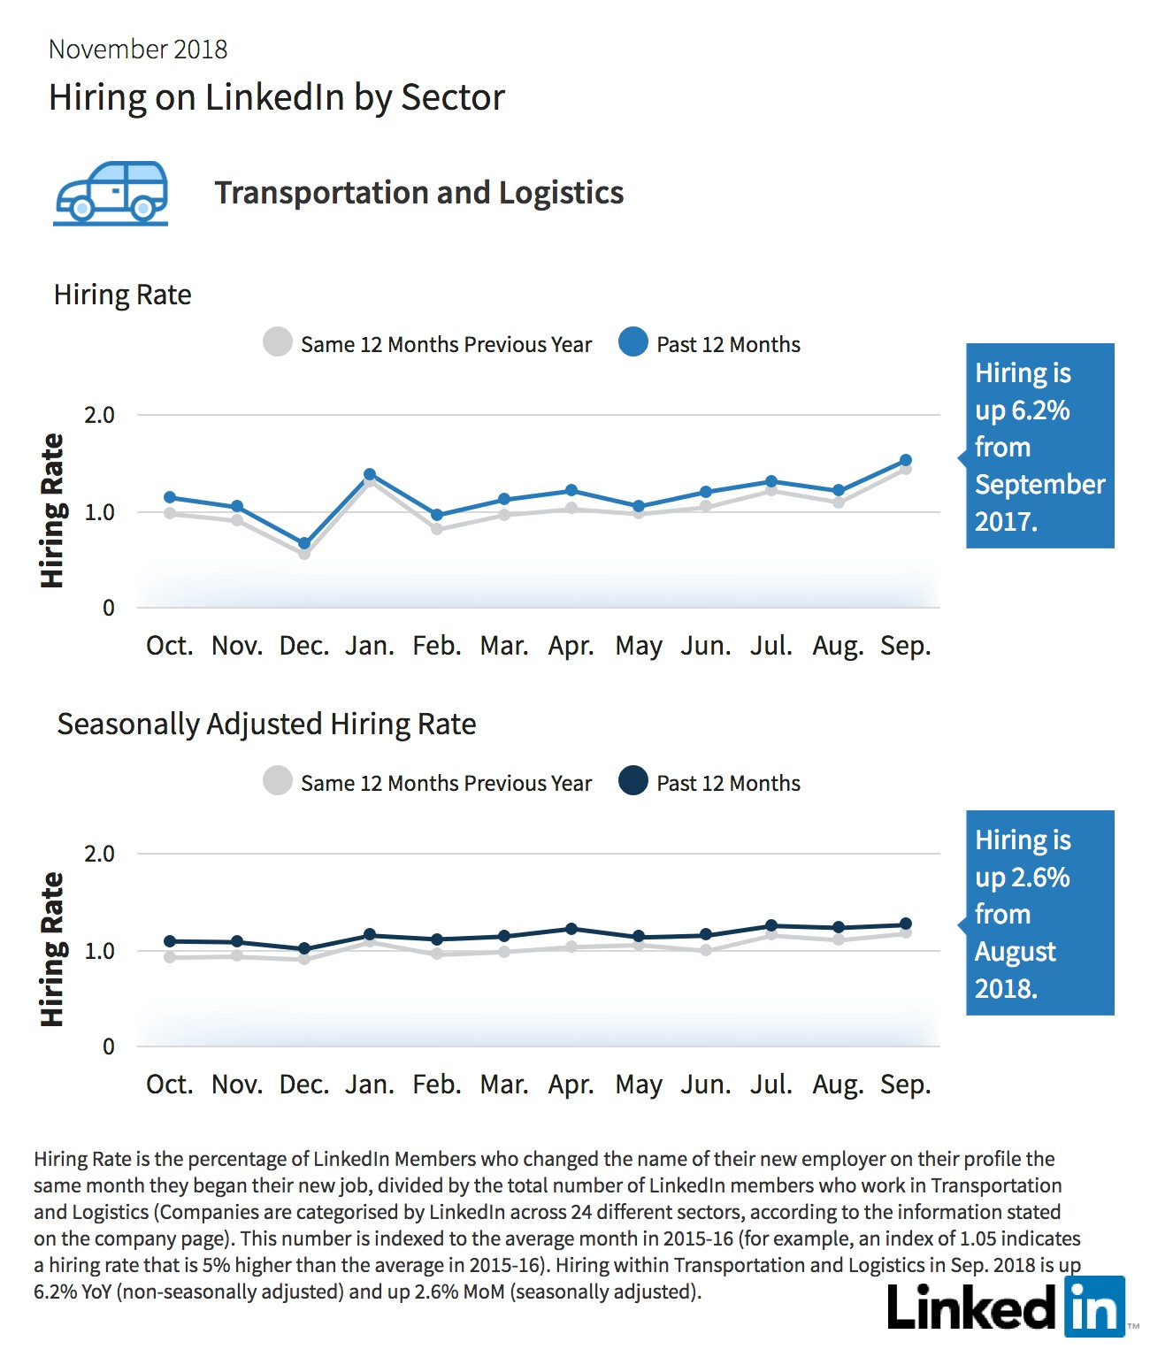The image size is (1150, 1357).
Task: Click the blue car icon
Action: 111,193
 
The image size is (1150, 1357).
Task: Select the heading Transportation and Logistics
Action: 418,193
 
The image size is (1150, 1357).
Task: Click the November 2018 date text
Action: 138,50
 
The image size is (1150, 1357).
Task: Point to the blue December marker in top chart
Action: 304,543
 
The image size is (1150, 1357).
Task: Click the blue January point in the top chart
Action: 370,474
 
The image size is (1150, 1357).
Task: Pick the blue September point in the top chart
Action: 905,460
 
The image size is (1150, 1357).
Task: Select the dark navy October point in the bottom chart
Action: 169,940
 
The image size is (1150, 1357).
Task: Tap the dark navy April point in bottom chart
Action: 571,928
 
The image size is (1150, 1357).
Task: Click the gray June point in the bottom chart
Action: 706,950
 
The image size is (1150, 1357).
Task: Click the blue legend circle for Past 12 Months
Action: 633,342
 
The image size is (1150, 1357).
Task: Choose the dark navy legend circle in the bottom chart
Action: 633,780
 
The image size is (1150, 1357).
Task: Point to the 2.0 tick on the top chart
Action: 99,415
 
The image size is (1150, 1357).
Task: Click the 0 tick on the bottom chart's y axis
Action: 108,1046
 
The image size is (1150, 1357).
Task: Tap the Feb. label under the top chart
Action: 436,646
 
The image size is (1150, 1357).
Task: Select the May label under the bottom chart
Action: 638,1085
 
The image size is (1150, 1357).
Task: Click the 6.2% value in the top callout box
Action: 1041,410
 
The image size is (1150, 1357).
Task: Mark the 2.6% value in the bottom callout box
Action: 1041,877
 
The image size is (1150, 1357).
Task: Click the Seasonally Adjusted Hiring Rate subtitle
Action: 266,724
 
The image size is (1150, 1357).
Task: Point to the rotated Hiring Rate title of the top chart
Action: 52,510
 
